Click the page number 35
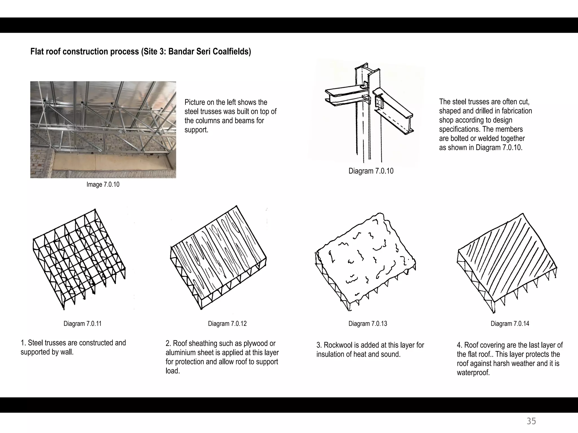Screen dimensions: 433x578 tap(531, 421)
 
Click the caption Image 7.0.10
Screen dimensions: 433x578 tap(103, 185)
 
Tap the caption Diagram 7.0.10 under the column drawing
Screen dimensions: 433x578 tap(371, 171)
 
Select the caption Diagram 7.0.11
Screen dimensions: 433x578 tap(82, 324)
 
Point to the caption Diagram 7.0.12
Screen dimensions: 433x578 tap(227, 324)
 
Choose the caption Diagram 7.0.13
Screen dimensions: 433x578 tap(367, 324)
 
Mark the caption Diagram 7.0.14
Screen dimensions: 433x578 tap(510, 324)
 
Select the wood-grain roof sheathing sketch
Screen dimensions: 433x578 tap(219, 257)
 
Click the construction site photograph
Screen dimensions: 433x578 tap(103, 130)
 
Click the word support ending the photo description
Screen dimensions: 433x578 tap(196, 130)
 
